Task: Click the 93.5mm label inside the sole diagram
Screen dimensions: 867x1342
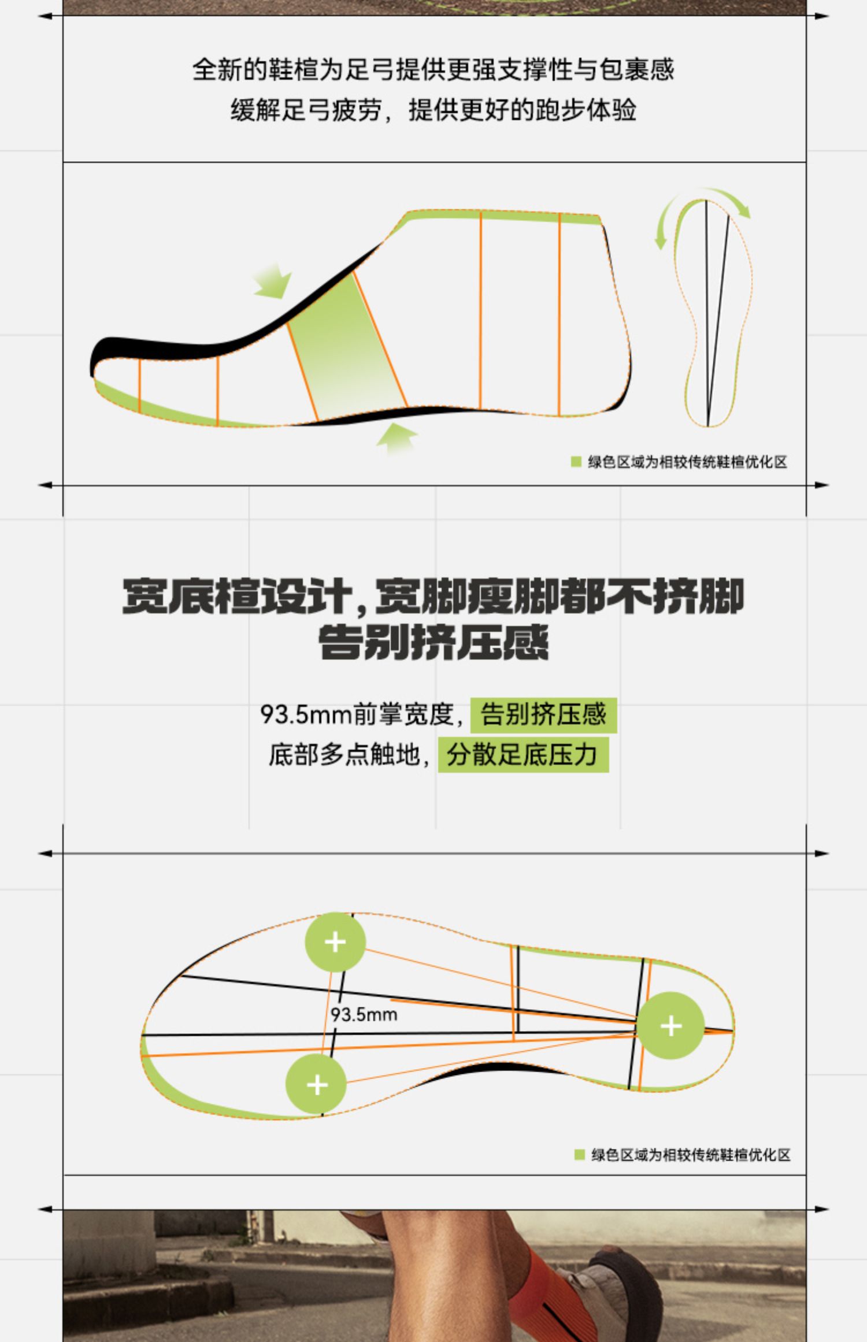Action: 364,1014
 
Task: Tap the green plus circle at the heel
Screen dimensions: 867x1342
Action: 670,1025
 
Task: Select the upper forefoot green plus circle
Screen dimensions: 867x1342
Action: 335,942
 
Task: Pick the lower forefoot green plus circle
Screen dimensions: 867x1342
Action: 316,1084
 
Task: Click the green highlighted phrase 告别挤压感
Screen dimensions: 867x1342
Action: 543,714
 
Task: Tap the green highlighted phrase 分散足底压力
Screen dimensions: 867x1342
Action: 523,754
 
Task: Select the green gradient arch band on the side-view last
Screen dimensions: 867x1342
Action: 347,347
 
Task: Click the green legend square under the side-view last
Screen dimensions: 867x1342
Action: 576,462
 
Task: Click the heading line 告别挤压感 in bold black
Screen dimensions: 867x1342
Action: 433,643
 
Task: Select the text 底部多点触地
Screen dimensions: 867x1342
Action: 344,754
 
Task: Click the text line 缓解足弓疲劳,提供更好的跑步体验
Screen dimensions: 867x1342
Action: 433,110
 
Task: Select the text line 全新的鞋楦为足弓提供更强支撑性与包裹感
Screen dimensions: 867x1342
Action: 433,69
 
